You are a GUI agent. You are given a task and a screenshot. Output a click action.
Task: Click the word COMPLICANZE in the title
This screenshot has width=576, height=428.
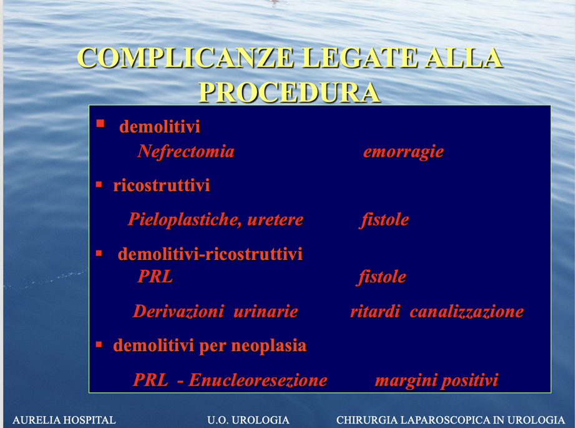(x=185, y=57)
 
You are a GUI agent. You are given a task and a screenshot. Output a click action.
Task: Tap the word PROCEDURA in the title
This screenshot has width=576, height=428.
(x=290, y=92)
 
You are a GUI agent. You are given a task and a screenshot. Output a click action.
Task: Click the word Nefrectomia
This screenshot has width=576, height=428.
(x=186, y=151)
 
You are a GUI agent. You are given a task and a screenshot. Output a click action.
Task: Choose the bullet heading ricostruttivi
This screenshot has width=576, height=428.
(x=161, y=185)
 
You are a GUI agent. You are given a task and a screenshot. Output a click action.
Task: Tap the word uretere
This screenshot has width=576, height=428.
(x=275, y=220)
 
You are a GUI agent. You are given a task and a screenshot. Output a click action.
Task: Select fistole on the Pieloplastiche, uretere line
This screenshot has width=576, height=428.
(x=384, y=220)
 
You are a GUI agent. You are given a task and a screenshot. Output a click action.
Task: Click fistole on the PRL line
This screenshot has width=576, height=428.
(x=381, y=277)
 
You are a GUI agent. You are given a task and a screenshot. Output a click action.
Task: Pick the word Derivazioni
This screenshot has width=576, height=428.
(x=178, y=311)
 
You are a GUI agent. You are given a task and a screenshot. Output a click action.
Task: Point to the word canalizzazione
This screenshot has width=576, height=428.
(x=467, y=311)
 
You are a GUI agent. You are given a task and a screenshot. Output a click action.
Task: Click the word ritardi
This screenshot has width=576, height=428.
(x=375, y=311)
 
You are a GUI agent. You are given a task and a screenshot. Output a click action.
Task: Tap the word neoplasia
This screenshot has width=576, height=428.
(x=269, y=346)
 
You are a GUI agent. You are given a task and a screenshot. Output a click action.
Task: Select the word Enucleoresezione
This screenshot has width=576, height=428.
(x=258, y=380)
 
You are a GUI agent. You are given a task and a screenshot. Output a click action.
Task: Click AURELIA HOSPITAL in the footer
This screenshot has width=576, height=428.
(x=64, y=419)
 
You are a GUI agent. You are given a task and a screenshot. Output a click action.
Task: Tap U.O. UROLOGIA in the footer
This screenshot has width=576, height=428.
(x=248, y=419)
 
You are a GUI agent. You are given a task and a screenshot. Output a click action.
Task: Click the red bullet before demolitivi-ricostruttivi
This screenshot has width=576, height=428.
(x=99, y=253)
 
